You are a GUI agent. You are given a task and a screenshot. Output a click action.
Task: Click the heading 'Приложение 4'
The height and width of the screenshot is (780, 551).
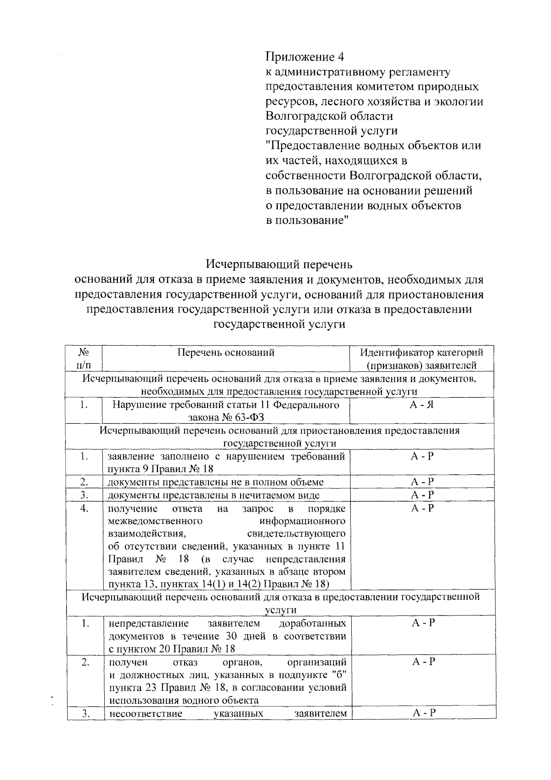click(305, 57)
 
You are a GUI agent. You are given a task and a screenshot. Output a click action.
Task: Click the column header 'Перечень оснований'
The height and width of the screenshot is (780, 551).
click(226, 353)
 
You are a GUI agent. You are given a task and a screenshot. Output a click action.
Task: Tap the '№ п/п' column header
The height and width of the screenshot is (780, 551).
click(84, 359)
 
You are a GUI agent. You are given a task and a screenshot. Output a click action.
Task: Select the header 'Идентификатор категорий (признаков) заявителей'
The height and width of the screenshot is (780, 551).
click(422, 359)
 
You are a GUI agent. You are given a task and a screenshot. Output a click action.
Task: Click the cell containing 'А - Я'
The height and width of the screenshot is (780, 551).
click(422, 405)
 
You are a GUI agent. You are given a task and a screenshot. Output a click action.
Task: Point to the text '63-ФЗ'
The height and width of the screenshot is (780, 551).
click(247, 417)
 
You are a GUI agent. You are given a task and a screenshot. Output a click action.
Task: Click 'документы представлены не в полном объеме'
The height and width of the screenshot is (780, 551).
click(216, 482)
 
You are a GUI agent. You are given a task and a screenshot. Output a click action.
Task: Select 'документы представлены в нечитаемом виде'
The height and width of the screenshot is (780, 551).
click(214, 495)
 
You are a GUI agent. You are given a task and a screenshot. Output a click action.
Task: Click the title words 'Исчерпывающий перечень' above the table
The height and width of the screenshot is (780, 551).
click(279, 265)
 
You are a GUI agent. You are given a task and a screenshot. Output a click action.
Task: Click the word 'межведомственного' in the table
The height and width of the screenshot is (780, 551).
click(155, 521)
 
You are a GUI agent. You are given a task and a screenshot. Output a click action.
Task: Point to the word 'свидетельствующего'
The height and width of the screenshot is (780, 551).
click(296, 534)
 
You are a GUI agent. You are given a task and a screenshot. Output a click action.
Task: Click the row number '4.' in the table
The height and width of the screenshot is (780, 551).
click(84, 508)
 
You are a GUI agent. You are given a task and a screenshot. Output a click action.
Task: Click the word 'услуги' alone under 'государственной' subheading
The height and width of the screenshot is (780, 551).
click(280, 610)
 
